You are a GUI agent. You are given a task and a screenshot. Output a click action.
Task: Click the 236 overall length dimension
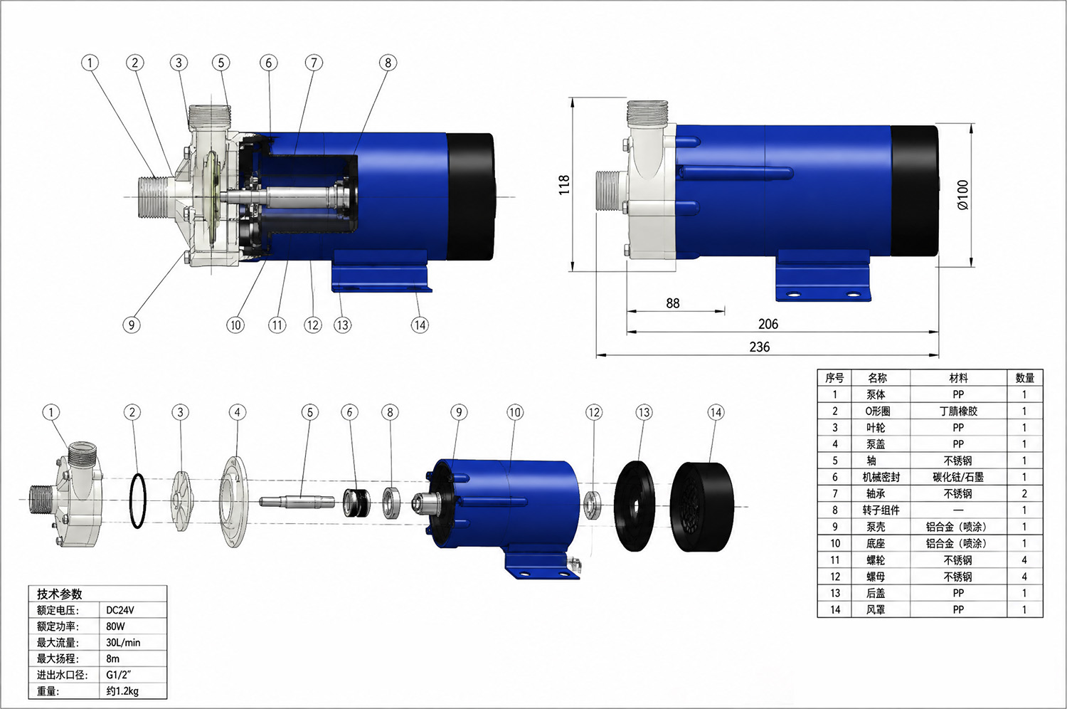[759, 347]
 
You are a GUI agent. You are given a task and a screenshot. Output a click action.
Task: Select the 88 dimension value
[673, 303]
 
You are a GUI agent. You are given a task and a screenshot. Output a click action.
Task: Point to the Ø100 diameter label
[962, 194]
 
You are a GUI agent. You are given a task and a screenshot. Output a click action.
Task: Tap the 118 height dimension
[564, 184]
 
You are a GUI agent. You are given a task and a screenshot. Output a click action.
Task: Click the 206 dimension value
[768, 324]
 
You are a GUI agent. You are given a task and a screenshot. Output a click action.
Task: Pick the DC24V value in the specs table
[120, 610]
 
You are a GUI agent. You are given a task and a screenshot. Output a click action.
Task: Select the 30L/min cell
[123, 643]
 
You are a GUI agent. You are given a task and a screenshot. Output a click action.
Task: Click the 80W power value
[115, 626]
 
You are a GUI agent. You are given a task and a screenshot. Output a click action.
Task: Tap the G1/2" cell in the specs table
[119, 675]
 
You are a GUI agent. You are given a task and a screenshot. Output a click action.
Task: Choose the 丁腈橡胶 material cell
[958, 411]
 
